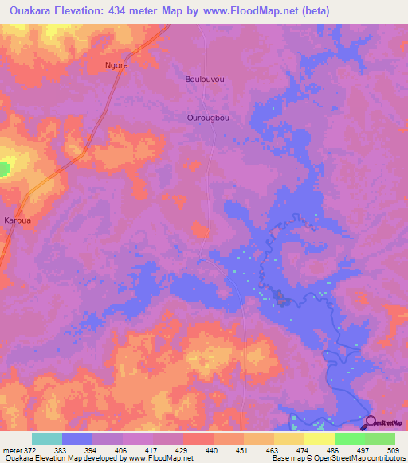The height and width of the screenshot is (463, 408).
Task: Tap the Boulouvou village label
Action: click(203, 80)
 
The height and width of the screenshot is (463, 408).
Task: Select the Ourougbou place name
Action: click(208, 118)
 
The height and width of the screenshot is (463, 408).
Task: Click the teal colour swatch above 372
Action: click(47, 438)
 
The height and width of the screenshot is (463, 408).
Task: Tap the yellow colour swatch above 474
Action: click(289, 438)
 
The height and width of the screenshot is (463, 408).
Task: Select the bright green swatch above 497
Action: click(350, 438)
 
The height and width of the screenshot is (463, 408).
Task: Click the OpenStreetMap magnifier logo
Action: click(369, 422)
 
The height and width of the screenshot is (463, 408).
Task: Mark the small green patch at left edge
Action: click(4, 169)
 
